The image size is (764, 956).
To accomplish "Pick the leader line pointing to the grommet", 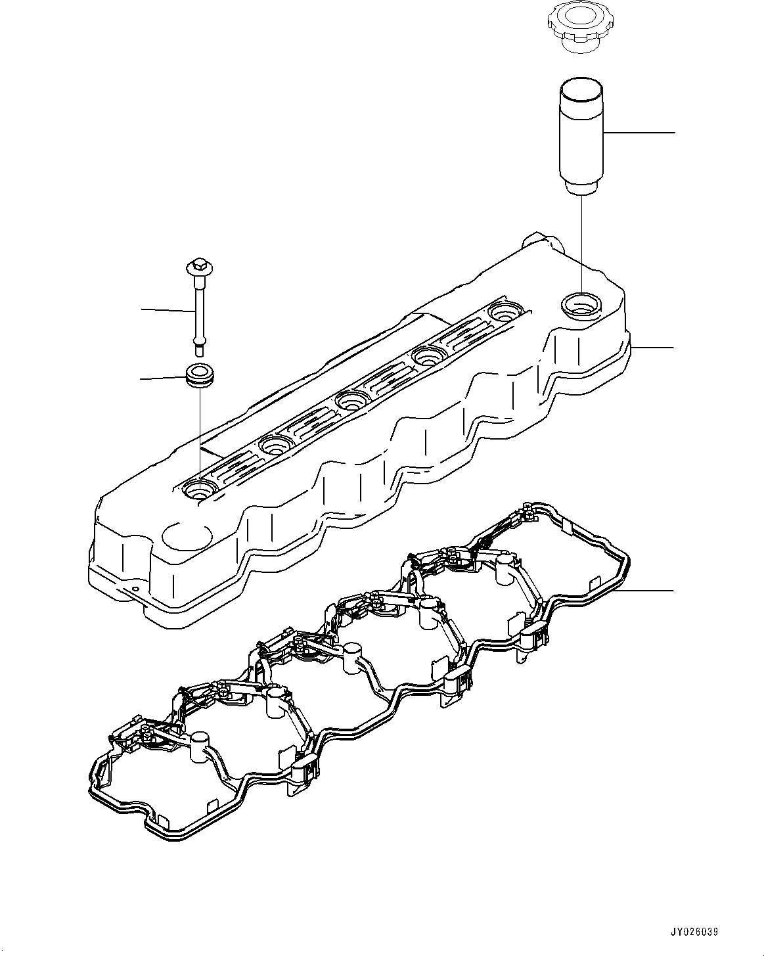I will pos(164,378).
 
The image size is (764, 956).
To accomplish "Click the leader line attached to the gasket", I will pos(650,591).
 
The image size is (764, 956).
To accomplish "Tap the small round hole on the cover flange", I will pos(135,589).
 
